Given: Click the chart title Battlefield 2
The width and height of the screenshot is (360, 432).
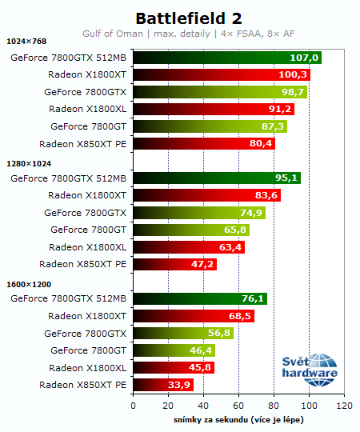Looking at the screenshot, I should [188, 18].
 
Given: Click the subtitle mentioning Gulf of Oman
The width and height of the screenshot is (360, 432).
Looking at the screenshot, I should [188, 34].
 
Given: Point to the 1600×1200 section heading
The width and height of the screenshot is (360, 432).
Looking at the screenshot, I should [28, 285].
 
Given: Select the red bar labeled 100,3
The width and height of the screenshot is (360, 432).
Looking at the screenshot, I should [221, 75].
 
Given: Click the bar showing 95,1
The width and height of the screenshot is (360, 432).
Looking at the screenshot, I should [216, 178].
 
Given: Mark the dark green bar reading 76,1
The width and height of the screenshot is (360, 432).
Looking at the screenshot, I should [199, 299].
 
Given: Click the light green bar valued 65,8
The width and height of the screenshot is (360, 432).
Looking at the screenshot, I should [190, 230].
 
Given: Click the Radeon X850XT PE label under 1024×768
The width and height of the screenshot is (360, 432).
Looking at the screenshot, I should [82, 144].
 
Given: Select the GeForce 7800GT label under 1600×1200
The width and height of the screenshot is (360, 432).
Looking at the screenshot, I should [88, 350].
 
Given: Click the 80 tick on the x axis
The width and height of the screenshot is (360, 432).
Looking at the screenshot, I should [274, 406].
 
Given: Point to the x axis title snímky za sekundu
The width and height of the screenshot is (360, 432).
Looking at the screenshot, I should [238, 420].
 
